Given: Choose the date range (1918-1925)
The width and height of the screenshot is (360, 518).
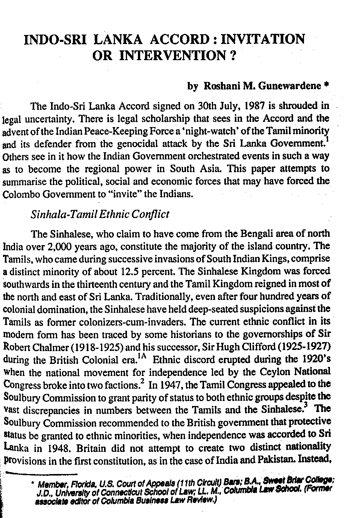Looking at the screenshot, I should click(100, 347).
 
